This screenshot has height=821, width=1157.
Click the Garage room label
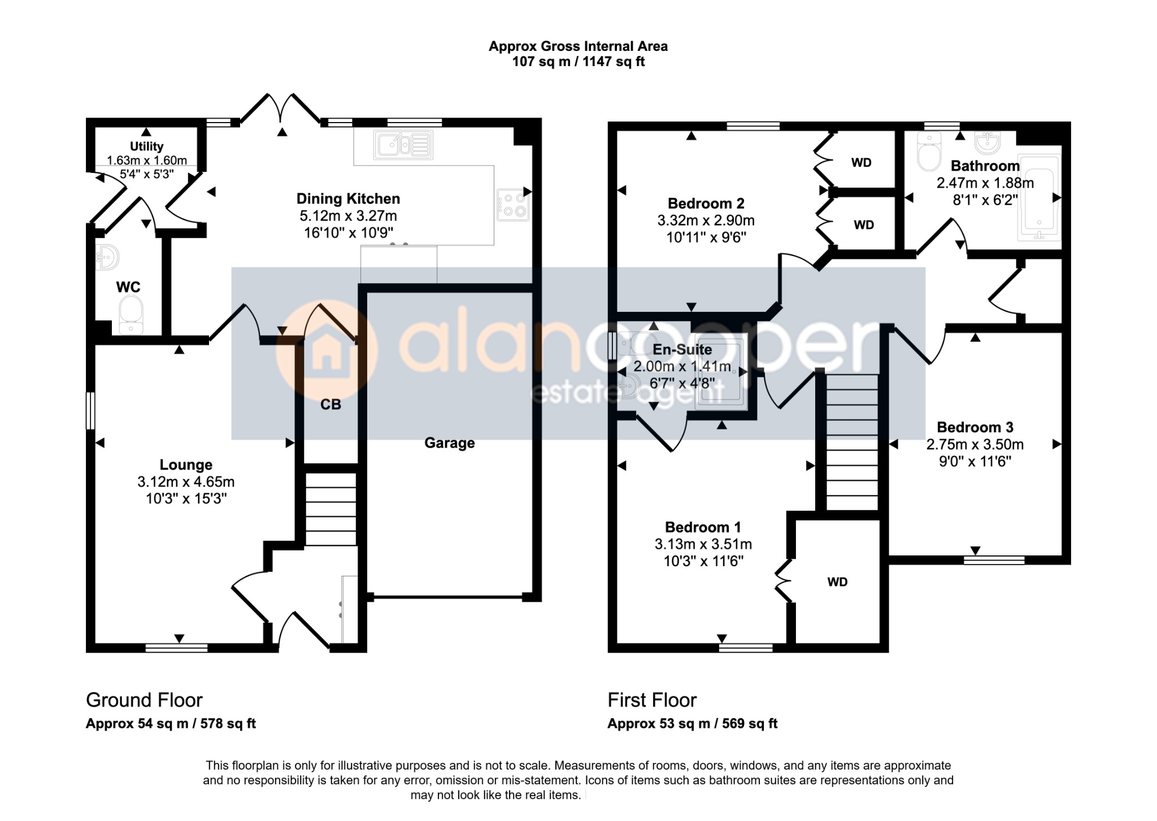(449, 443)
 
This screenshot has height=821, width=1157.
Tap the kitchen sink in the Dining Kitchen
(403, 145)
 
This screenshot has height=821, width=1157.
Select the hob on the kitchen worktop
(513, 205)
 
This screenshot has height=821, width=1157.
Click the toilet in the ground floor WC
(132, 315)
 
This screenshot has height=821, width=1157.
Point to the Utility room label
(147, 146)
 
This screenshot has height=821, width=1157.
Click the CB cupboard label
(330, 405)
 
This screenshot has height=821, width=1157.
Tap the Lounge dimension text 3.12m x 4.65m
(186, 482)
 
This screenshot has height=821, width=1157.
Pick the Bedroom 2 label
(706, 203)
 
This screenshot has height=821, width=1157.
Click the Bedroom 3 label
(975, 427)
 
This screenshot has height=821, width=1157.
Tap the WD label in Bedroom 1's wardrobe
(837, 582)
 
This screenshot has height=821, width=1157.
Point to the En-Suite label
(682, 350)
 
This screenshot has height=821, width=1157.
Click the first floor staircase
(852, 442)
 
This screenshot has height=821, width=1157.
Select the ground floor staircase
(330, 509)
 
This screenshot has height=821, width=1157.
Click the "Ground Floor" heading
(144, 700)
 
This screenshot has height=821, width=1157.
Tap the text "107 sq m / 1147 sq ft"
(578, 62)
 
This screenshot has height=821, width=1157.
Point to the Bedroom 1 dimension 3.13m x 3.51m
(703, 544)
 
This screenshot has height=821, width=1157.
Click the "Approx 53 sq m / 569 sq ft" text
(693, 723)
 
